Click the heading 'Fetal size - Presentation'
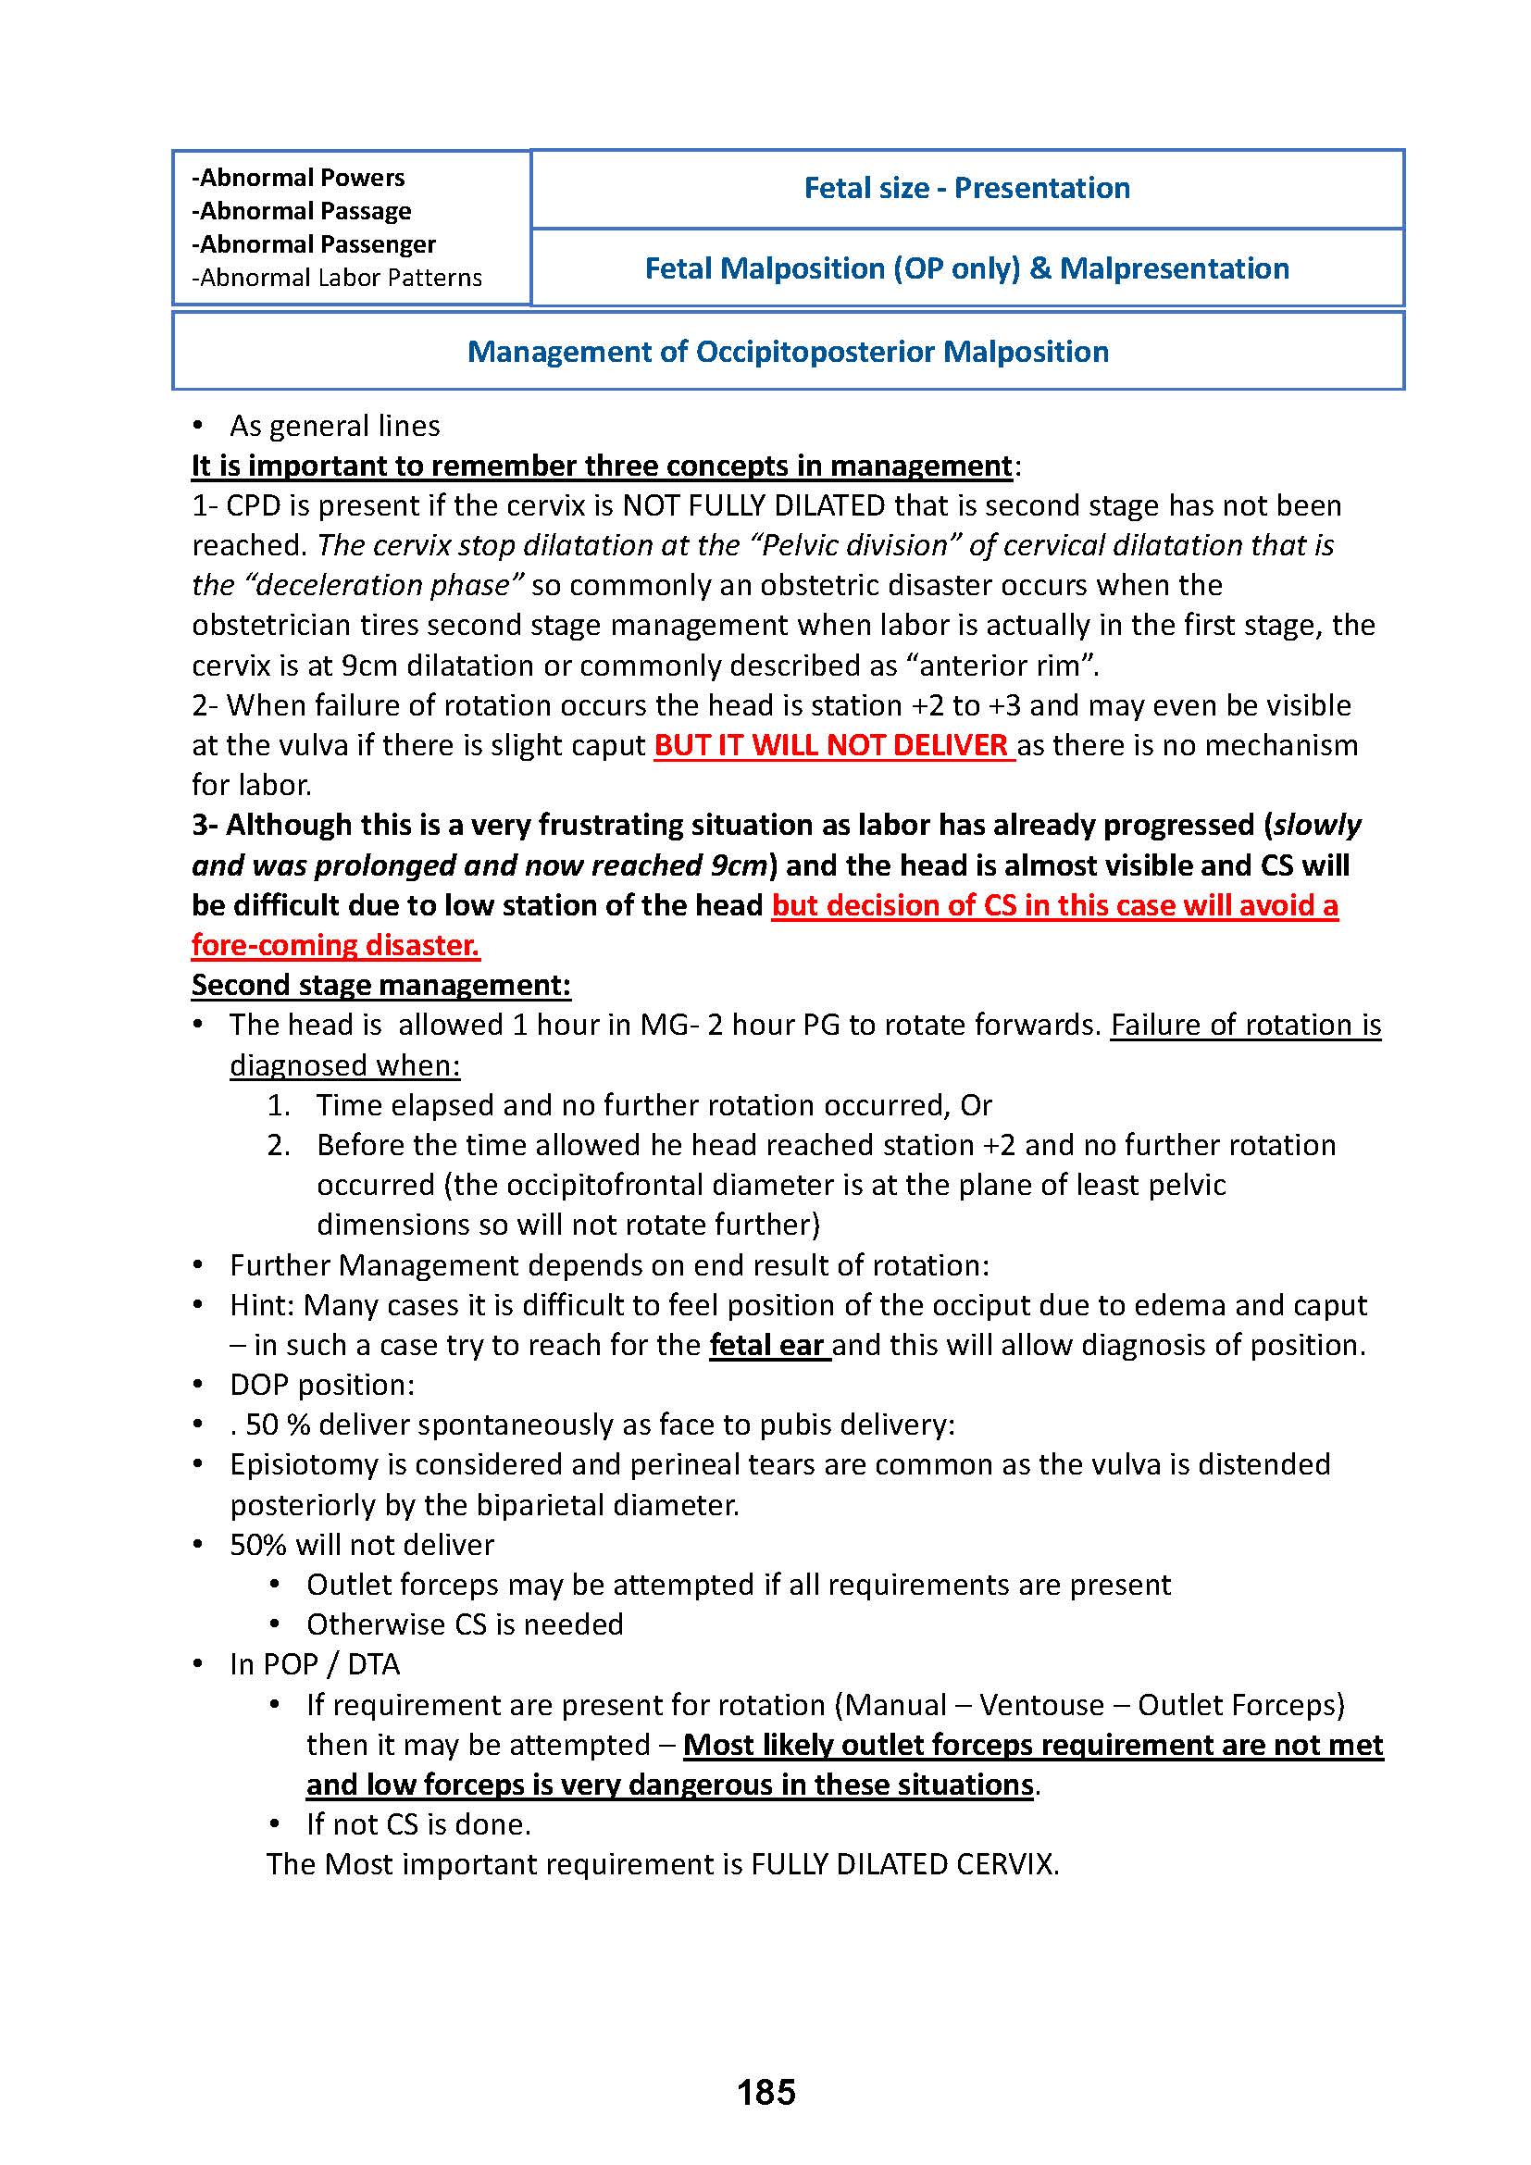point(966,188)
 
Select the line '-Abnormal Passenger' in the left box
point(313,244)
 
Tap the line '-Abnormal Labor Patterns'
point(337,278)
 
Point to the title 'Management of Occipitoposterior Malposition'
point(787,352)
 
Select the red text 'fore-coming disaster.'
point(336,945)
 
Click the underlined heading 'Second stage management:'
point(380,985)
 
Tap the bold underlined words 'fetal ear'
point(767,1345)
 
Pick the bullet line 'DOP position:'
point(321,1384)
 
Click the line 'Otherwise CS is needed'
point(465,1624)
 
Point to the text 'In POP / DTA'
point(315,1664)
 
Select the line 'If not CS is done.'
point(418,1823)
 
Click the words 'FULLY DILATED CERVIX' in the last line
point(902,1864)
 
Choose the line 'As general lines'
point(335,426)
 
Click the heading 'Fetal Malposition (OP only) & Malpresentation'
point(966,268)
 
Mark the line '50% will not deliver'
point(361,1545)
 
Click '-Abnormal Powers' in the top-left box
point(298,178)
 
